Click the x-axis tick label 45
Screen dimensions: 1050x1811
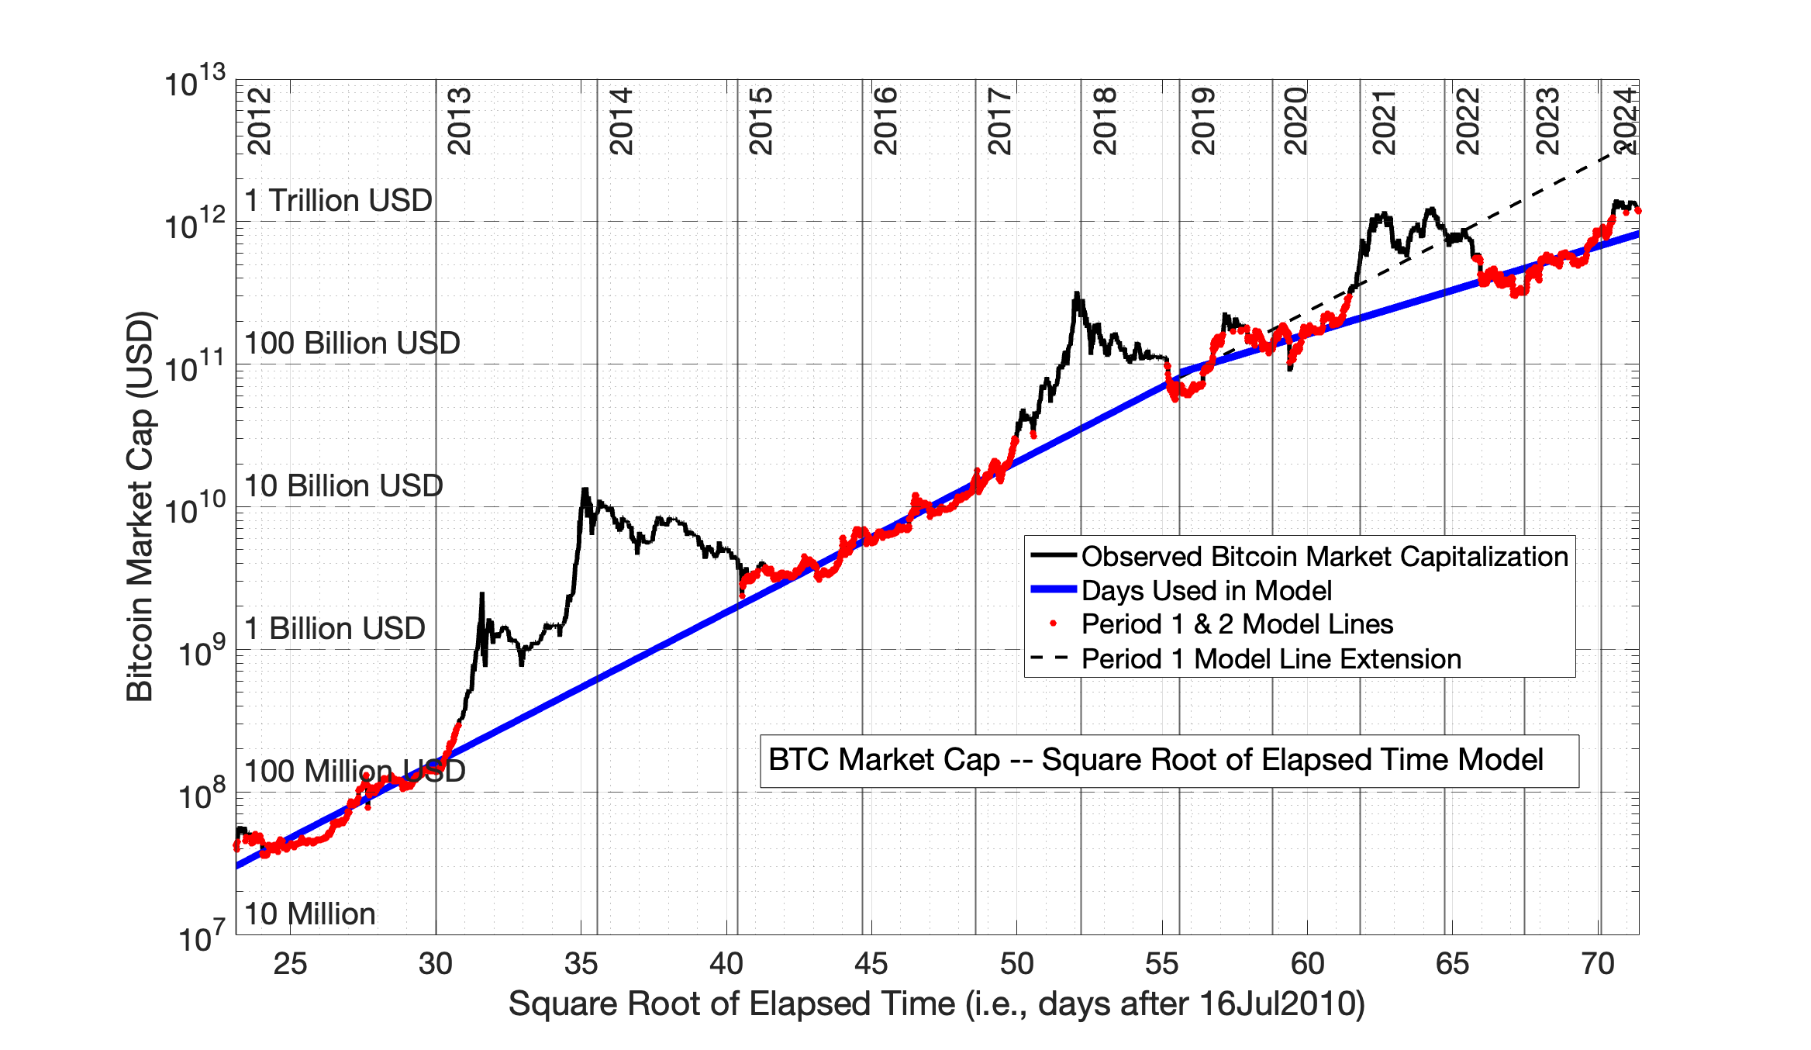871,964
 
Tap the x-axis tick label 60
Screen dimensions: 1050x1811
1306,964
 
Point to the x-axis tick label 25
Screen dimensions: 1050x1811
290,964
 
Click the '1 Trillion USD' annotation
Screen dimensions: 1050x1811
338,201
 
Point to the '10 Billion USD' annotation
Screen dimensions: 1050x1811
343,486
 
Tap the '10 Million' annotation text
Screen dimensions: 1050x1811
309,914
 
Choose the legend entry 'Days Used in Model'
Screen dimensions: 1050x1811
1206,591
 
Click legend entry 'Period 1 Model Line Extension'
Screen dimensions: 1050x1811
1271,659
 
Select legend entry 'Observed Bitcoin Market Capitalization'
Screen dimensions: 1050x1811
1324,557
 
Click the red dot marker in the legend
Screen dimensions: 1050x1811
1053,623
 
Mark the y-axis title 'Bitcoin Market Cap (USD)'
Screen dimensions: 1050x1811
140,506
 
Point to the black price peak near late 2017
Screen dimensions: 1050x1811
1076,294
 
